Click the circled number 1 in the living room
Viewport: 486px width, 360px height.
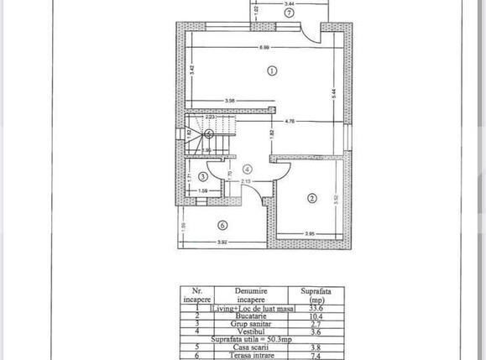click(271, 70)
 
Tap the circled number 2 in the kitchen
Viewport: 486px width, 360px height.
click(311, 198)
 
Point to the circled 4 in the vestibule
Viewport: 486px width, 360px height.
click(247, 169)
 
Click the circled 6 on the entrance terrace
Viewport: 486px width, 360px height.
click(222, 224)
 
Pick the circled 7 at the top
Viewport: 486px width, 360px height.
click(288, 13)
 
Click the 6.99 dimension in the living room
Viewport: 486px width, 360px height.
click(264, 46)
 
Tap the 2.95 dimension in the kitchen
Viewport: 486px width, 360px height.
click(309, 233)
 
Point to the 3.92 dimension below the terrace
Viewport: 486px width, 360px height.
click(222, 243)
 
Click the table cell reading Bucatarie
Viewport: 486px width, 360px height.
click(250, 316)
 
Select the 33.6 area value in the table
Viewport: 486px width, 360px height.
click(316, 308)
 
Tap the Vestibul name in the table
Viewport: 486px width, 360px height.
click(250, 331)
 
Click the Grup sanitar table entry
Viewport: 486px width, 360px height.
click(250, 324)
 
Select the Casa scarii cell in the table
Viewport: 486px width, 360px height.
click(250, 347)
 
